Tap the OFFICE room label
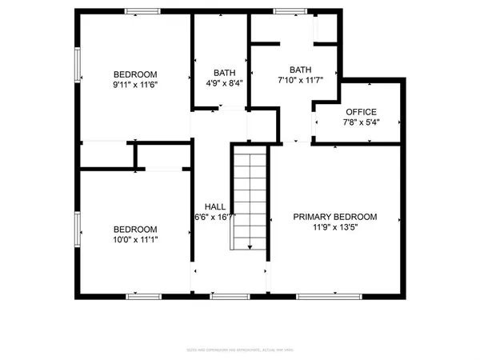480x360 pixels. (361, 112)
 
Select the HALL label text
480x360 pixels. (214, 205)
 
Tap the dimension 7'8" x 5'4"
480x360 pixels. (361, 122)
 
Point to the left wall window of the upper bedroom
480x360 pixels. (78, 65)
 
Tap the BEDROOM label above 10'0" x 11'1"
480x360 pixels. (134, 229)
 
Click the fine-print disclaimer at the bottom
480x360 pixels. (240, 350)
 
